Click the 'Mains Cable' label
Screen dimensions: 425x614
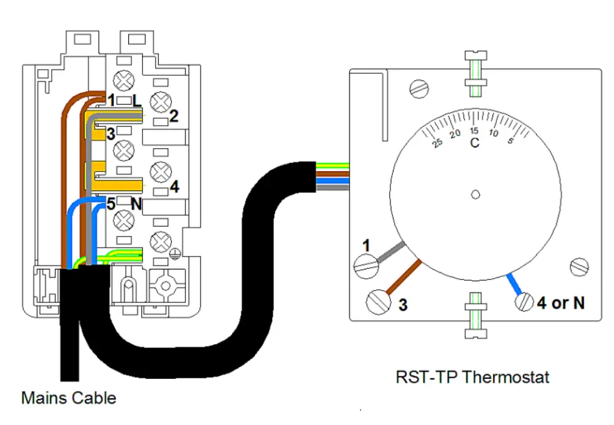click(x=68, y=397)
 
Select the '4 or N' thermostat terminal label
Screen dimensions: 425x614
click(x=560, y=303)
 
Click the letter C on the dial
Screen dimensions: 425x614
click(x=475, y=143)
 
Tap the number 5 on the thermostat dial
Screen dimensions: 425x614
click(x=510, y=141)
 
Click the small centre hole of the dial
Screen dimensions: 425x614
click(x=475, y=194)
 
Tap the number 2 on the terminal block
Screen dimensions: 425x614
click(x=174, y=116)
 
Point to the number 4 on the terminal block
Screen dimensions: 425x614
click(x=174, y=186)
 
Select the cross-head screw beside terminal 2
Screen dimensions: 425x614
click(x=161, y=100)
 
